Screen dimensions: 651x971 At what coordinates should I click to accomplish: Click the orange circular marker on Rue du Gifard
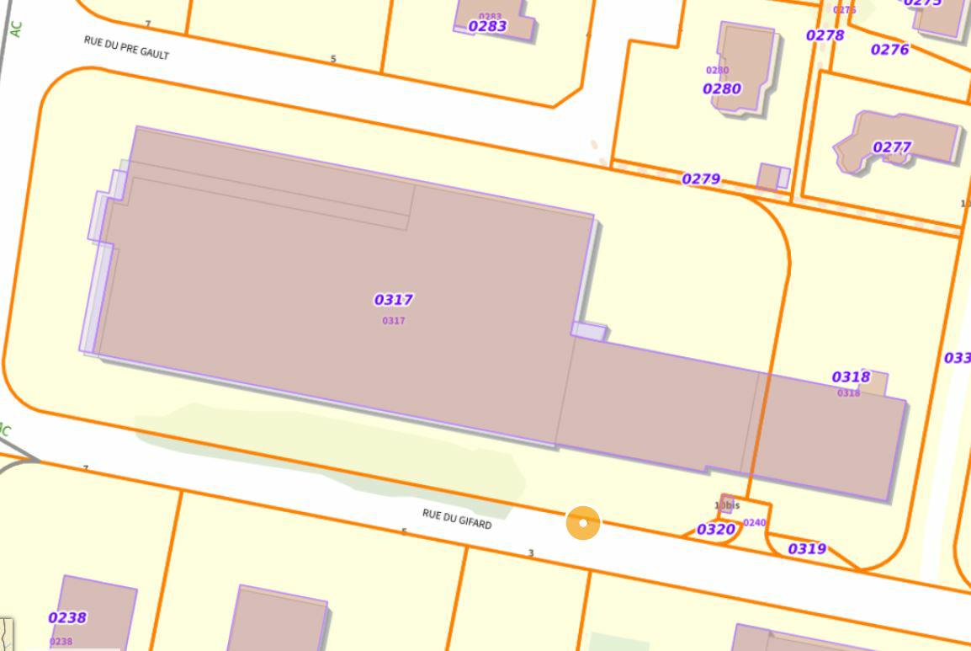(x=583, y=523)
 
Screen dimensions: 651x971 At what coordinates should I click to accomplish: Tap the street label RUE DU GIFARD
(x=457, y=519)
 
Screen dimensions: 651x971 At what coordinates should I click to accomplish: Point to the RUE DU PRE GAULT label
(x=126, y=47)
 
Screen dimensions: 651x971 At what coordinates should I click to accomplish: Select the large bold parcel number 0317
(x=393, y=300)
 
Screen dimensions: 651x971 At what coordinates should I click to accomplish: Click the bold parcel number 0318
(x=851, y=377)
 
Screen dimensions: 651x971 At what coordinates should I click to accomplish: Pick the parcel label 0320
(x=716, y=530)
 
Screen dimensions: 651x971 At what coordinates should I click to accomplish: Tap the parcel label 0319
(x=807, y=549)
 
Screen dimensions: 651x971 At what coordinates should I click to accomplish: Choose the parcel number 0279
(x=701, y=179)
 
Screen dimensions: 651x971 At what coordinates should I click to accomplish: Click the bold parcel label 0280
(x=722, y=88)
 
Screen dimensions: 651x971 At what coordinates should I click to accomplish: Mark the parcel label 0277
(x=892, y=147)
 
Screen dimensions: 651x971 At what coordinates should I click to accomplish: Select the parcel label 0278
(x=825, y=35)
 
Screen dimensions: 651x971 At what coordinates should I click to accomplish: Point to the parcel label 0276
(x=889, y=50)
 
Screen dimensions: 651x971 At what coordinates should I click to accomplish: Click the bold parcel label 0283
(x=487, y=26)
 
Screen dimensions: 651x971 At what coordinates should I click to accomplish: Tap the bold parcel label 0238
(x=67, y=618)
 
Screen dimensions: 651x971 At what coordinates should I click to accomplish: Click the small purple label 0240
(x=755, y=523)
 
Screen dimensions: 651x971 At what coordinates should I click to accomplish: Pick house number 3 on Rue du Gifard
(x=531, y=553)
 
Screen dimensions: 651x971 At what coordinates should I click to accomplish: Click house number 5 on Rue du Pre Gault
(x=333, y=59)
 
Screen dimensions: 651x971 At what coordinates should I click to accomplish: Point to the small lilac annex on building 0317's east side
(x=589, y=332)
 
